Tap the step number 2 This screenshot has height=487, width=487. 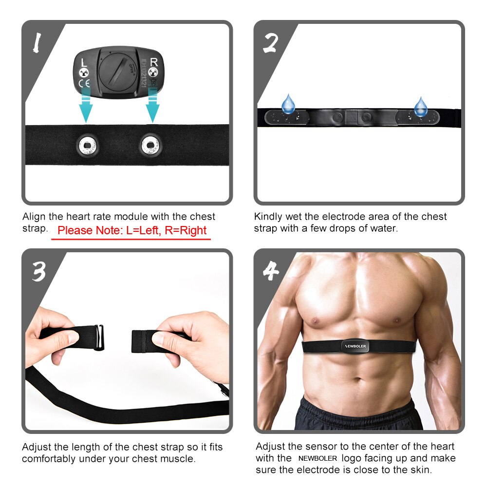pyautogui.click(x=271, y=44)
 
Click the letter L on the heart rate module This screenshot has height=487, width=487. pyautogui.click(x=84, y=62)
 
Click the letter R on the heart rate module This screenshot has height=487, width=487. pyautogui.click(x=154, y=62)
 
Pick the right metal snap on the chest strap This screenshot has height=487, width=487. pyautogui.click(x=150, y=144)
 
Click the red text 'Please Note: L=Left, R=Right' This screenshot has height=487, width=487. pyautogui.click(x=132, y=230)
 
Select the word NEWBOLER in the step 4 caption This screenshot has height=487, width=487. pyautogui.click(x=318, y=458)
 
